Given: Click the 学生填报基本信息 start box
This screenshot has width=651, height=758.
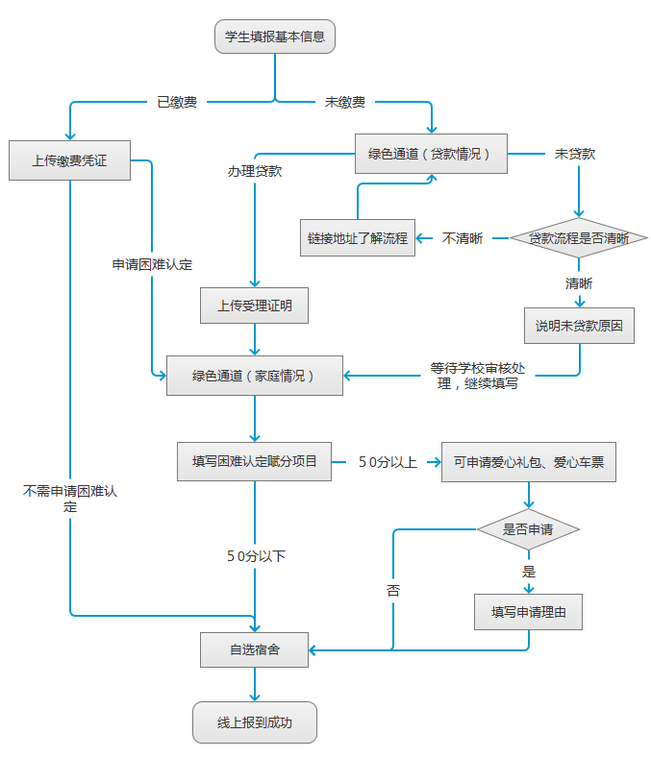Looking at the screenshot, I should point(274,37).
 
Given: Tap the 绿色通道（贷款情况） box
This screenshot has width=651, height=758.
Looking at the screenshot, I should point(431,154).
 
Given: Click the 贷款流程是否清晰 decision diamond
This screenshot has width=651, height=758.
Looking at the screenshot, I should point(579,238).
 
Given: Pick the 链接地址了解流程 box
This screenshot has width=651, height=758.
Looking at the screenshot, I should point(358,238).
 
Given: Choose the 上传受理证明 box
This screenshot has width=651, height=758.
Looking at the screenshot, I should point(255,306).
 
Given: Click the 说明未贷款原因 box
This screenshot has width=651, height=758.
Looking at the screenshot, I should point(579,326).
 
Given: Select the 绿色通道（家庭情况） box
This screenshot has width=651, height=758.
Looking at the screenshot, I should point(254,376).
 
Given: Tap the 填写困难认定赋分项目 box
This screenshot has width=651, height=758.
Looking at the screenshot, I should point(254,461).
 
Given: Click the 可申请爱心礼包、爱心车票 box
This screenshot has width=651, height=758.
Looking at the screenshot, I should point(528,462).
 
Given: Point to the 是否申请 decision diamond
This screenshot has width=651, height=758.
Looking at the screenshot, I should point(528,528).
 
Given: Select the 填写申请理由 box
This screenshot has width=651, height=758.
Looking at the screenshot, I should point(528,611).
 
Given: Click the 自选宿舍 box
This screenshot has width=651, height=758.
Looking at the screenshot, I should point(254,649).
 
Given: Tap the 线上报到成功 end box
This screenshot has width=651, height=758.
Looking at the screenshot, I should point(254,722).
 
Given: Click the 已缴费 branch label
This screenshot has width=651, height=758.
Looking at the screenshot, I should point(177,101).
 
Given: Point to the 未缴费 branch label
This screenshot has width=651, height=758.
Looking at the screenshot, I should point(344,101).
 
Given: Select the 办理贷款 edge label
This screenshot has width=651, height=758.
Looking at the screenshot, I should point(254,171).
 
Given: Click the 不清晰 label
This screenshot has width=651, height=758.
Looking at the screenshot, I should point(463,238).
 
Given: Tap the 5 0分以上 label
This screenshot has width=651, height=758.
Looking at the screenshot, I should point(388,462).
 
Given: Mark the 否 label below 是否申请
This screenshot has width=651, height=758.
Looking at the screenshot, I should point(393,591).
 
